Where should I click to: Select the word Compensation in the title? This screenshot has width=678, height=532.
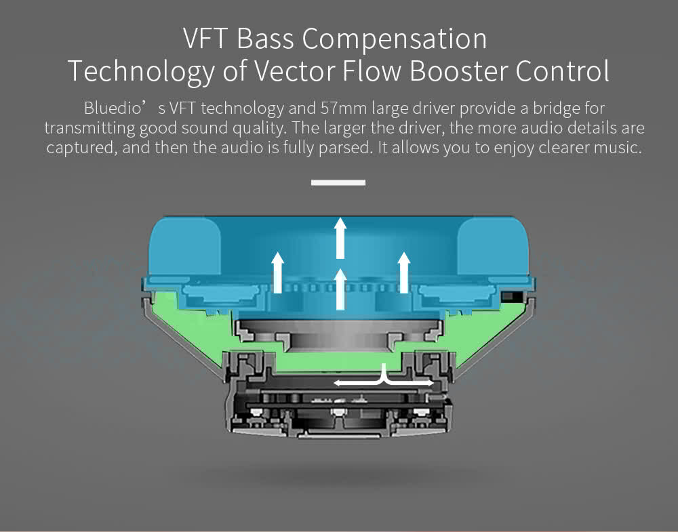(x=395, y=39)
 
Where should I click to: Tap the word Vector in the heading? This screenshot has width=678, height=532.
(x=305, y=71)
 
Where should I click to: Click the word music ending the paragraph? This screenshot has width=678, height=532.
(x=613, y=148)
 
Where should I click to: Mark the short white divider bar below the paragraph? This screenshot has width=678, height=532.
(x=338, y=182)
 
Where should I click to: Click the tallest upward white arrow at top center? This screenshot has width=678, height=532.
(x=340, y=237)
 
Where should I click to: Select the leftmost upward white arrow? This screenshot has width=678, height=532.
(x=277, y=271)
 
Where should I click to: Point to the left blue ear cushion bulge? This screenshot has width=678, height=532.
(x=180, y=247)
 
